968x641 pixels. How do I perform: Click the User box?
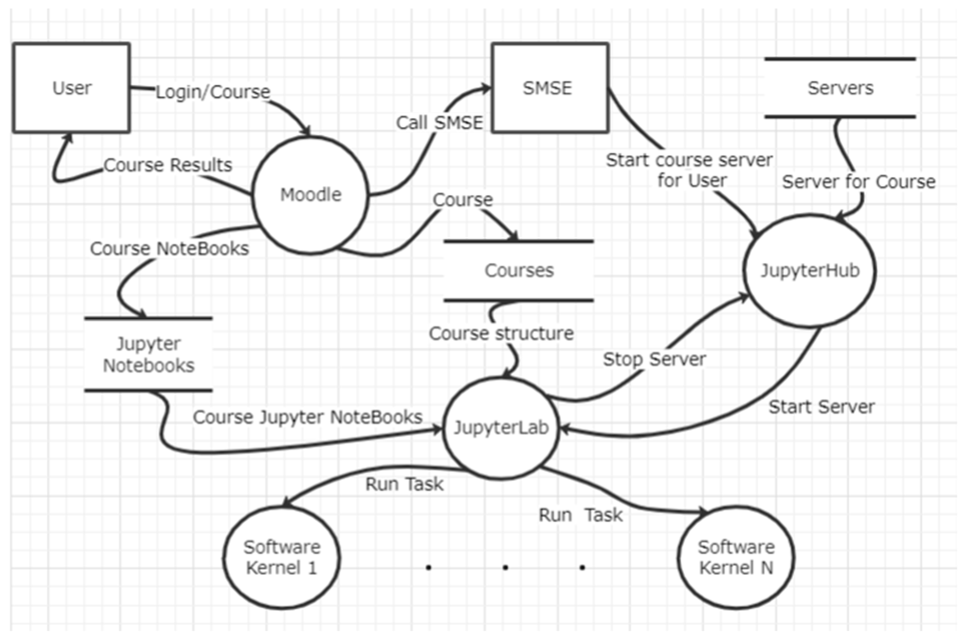(71, 88)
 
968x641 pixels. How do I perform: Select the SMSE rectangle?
(549, 88)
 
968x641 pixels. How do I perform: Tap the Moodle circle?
(311, 195)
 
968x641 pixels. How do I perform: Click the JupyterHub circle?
(810, 271)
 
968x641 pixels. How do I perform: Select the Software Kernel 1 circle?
(281, 558)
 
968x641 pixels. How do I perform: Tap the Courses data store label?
(519, 271)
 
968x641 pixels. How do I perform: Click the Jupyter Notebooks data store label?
(148, 354)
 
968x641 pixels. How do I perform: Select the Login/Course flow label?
(213, 92)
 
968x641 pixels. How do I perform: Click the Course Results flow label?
(168, 165)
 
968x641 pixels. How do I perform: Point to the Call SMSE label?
(439, 123)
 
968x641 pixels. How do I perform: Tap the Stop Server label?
(654, 359)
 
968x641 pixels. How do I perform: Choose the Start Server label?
(821, 407)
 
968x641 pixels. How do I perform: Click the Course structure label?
(501, 334)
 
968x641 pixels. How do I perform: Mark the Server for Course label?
(858, 182)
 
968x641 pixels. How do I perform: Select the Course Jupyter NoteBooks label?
(307, 417)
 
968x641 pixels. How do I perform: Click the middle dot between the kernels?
(505, 567)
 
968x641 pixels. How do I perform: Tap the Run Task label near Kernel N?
(581, 515)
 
